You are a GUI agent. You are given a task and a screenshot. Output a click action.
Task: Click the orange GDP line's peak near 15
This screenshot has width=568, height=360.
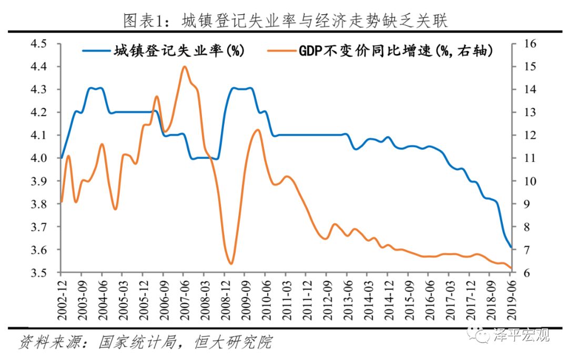(x=184, y=67)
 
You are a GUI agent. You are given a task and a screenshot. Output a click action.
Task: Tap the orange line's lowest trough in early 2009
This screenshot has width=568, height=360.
(x=231, y=263)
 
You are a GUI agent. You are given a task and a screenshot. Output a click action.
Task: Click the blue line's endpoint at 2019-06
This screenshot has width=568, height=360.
(x=511, y=247)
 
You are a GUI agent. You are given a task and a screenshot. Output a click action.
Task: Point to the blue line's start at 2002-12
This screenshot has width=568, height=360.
(x=62, y=158)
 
